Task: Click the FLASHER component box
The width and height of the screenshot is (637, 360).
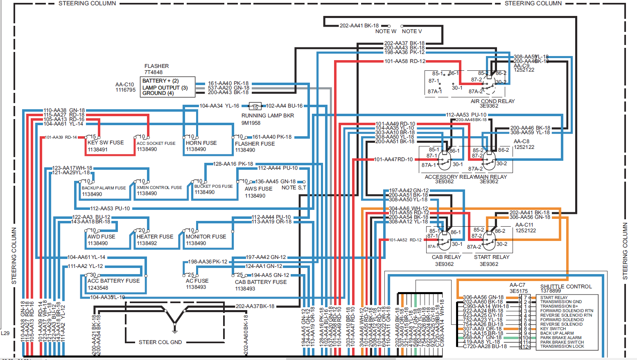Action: click(167, 87)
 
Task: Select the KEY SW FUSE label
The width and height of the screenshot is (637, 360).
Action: click(106, 142)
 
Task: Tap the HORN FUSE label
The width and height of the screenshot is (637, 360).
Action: click(201, 143)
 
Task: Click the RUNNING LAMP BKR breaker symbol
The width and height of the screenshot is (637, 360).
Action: click(255, 106)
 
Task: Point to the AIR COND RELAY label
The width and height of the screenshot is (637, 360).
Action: click(492, 101)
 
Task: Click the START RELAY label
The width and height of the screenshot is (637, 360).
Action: click(492, 257)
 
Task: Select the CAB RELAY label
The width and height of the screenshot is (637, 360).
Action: click(446, 257)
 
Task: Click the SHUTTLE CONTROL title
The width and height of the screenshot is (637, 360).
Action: click(566, 286)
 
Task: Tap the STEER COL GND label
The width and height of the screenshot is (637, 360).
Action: click(160, 342)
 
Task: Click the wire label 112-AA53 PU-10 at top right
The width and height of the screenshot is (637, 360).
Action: click(466, 115)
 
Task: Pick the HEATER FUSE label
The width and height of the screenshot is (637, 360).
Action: click(155, 236)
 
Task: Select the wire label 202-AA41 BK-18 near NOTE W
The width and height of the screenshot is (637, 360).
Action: click(359, 25)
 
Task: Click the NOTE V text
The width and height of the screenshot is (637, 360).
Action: click(411, 31)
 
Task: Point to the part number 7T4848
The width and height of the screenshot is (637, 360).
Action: click(154, 72)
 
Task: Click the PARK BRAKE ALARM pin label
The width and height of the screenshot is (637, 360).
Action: click(560, 337)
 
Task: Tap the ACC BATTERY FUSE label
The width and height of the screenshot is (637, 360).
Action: click(113, 281)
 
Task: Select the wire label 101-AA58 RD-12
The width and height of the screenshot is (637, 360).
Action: click(404, 61)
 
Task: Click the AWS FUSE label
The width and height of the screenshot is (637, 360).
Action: click(258, 189)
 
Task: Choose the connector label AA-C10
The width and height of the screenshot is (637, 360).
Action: click(124, 84)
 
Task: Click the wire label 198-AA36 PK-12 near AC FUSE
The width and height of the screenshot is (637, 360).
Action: click(208, 261)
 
